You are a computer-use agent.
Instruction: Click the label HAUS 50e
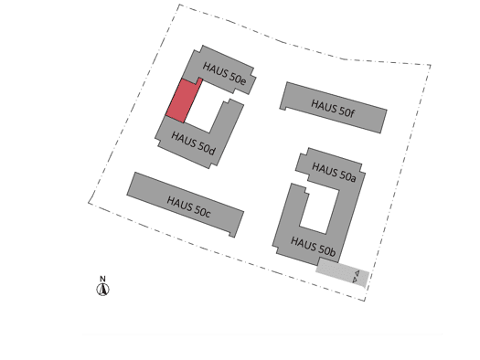[224, 73]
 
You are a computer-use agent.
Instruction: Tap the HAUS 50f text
[333, 109]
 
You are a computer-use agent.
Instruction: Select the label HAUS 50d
[193, 143]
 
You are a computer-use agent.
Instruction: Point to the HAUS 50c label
[188, 207]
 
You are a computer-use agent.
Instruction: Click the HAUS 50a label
[334, 172]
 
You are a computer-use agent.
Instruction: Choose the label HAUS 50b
[314, 246]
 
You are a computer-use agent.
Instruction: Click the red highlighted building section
[184, 101]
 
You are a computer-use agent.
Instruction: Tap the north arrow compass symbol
[102, 289]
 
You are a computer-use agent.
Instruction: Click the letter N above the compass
[102, 279]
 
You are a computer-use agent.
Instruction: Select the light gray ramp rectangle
[343, 272]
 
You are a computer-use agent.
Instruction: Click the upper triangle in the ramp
[357, 273]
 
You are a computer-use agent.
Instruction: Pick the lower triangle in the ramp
[355, 280]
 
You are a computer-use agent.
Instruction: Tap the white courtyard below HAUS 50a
[319, 209]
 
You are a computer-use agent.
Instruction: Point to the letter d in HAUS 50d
[212, 151]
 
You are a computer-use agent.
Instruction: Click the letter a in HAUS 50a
[353, 178]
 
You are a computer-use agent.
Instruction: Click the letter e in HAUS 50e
[243, 81]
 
